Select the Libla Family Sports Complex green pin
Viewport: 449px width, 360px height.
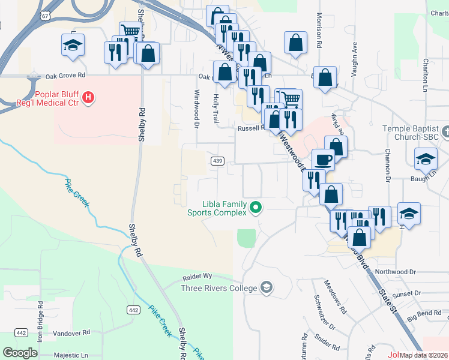(x=256, y=208)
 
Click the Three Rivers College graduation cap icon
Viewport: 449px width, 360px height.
(x=267, y=288)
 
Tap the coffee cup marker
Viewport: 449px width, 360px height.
(x=323, y=160)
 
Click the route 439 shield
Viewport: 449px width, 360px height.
(x=218, y=161)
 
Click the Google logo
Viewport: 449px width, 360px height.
(x=20, y=353)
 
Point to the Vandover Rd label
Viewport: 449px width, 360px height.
(x=71, y=332)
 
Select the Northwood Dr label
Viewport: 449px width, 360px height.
(x=395, y=272)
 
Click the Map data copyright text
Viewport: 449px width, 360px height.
(x=424, y=355)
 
